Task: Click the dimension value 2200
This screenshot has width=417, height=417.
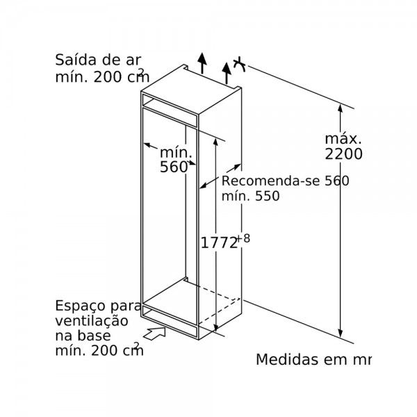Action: coord(343,154)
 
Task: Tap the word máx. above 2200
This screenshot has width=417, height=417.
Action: coord(343,139)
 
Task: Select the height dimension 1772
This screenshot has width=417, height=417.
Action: coord(219,243)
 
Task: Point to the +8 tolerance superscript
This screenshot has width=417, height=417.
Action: coord(243,238)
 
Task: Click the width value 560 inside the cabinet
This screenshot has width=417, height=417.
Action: coord(174,167)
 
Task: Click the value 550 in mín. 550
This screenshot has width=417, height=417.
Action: coord(268,196)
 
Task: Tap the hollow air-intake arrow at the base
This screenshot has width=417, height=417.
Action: coord(154,333)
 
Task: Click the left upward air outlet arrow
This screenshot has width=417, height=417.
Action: coord(202,63)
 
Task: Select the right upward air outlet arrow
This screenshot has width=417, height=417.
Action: coord(227,73)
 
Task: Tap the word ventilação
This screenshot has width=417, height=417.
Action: coord(92,320)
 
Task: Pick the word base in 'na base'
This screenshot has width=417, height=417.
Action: coord(95,336)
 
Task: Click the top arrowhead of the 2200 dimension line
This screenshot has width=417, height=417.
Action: coord(340,108)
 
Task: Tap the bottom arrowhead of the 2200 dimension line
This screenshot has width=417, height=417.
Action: coord(340,334)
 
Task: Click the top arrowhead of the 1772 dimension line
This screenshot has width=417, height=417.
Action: coord(215,142)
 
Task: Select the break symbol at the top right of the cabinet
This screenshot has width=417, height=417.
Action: coord(239,64)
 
